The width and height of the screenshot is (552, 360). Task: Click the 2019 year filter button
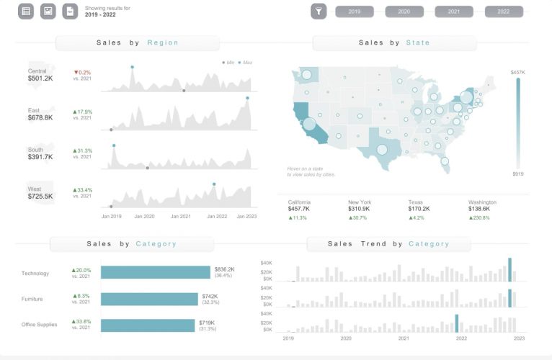click(x=355, y=12)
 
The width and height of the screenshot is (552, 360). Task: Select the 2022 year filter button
click(x=504, y=12)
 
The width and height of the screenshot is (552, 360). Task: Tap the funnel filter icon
click(x=319, y=11)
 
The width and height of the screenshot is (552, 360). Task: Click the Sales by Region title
click(x=138, y=42)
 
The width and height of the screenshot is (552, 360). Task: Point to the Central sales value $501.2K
click(x=40, y=78)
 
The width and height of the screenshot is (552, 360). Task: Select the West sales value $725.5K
click(x=40, y=196)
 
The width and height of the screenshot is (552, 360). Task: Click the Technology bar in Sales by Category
click(x=156, y=272)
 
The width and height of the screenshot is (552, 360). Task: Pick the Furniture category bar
click(x=149, y=299)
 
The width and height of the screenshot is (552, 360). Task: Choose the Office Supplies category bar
click(x=148, y=325)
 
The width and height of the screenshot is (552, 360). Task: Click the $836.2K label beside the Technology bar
click(x=224, y=269)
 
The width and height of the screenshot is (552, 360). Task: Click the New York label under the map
click(x=360, y=202)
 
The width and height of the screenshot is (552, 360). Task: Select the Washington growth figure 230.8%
click(x=481, y=217)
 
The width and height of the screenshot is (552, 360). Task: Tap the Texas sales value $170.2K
click(x=419, y=210)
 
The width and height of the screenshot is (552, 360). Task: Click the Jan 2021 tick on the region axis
click(x=181, y=216)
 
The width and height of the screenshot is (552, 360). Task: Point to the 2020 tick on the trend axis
click(x=346, y=338)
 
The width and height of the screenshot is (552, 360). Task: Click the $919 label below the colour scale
click(x=517, y=174)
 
